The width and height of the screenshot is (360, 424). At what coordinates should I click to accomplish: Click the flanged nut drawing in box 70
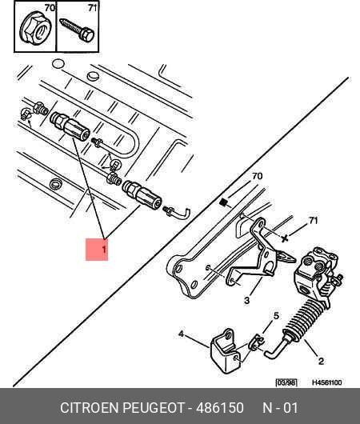click(35, 28)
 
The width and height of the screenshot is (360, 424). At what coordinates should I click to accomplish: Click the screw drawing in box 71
click(77, 30)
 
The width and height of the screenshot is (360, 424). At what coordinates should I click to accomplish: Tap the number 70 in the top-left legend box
click(50, 8)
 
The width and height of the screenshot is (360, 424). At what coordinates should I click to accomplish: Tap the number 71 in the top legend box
click(92, 8)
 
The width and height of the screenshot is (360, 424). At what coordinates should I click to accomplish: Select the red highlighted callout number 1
click(97, 250)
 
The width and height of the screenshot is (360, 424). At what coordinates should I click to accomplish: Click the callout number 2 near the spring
click(321, 361)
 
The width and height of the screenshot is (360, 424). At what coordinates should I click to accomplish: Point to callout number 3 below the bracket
click(246, 300)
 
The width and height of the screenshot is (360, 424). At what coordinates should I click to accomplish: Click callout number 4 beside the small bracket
click(181, 334)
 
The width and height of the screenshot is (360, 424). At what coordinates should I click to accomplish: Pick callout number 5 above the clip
click(276, 315)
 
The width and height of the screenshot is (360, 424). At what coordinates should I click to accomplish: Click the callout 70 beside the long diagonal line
click(257, 176)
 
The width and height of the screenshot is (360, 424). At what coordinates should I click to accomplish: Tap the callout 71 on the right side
click(313, 221)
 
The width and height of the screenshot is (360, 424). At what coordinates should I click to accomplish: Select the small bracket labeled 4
click(226, 350)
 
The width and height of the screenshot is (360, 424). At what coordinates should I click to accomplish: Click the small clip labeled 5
click(257, 342)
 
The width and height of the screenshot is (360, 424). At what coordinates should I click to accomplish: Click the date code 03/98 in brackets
click(286, 382)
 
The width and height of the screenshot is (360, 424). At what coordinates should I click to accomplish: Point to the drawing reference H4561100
click(327, 382)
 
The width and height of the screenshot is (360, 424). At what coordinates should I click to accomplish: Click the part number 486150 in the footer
click(220, 408)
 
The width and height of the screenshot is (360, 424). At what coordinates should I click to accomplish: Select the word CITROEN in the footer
click(90, 408)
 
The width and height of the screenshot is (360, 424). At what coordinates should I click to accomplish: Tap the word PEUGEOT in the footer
click(154, 408)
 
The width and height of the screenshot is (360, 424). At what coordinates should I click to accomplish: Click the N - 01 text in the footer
click(280, 408)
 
